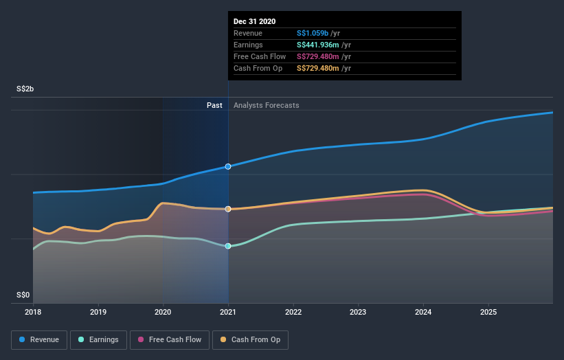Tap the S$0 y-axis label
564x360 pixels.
(x=23, y=295)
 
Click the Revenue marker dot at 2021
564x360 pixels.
(x=228, y=166)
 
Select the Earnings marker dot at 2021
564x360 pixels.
(x=228, y=246)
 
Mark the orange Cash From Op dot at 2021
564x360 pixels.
(x=228, y=209)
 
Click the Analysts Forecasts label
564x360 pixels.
(x=266, y=105)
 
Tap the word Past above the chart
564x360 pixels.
(x=214, y=105)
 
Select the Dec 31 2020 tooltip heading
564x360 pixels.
(x=254, y=21)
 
